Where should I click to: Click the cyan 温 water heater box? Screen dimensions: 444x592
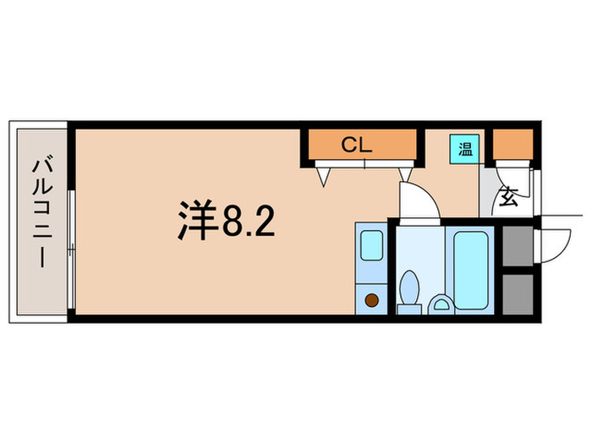(x=464, y=150)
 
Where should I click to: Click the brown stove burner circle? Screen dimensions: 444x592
(x=371, y=298)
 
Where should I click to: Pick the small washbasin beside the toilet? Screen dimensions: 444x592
(x=441, y=303)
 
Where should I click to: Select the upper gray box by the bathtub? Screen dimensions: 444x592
(x=515, y=246)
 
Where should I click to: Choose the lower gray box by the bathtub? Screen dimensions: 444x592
(x=515, y=293)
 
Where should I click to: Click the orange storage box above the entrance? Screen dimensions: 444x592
(x=513, y=145)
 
